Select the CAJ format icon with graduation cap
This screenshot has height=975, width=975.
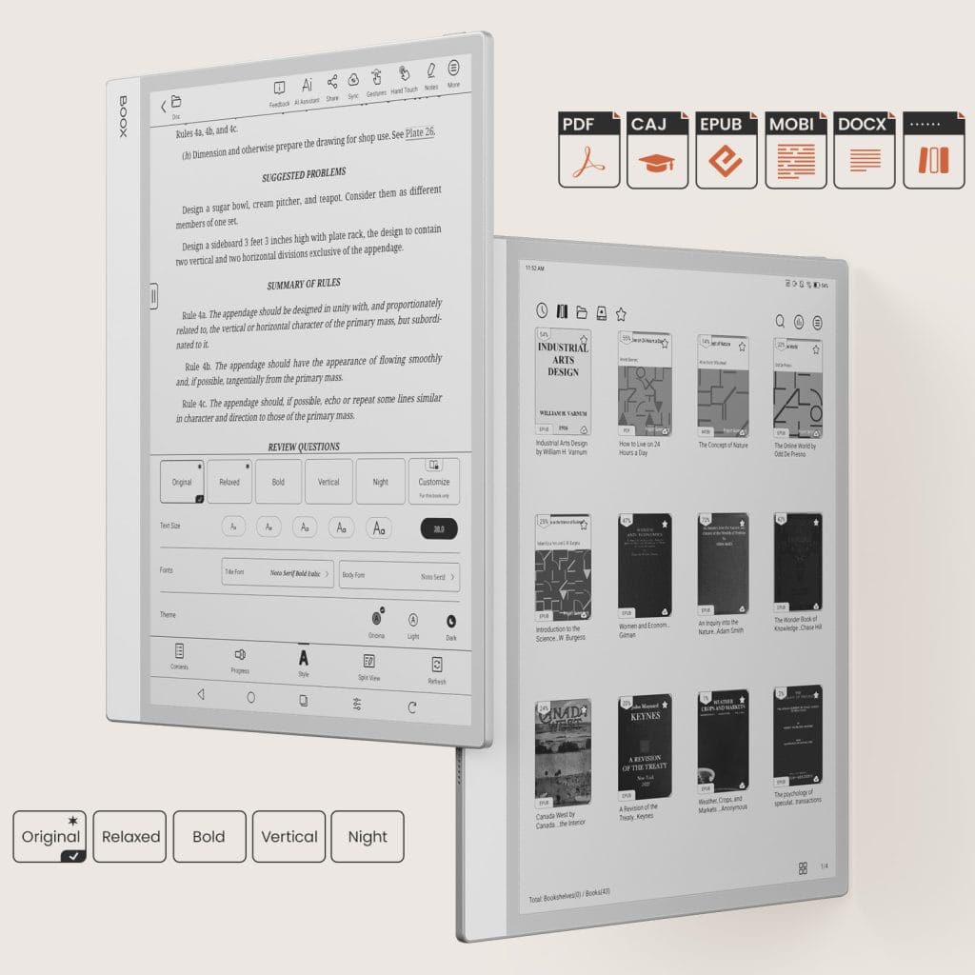click(657, 149)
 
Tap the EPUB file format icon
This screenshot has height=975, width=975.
click(726, 149)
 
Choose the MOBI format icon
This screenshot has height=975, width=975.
click(795, 149)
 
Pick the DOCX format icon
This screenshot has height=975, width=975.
click(864, 149)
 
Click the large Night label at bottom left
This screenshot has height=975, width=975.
click(368, 837)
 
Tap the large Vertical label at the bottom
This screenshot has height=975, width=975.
click(289, 837)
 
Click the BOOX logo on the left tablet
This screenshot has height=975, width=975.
click(123, 117)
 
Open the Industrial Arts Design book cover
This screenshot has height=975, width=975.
click(563, 382)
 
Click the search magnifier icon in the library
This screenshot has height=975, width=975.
click(781, 322)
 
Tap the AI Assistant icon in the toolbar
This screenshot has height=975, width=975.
click(308, 87)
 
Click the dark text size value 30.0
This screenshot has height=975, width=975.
click(439, 528)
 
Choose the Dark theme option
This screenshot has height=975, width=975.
click(450, 621)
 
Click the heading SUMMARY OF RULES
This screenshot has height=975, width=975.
click(304, 283)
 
